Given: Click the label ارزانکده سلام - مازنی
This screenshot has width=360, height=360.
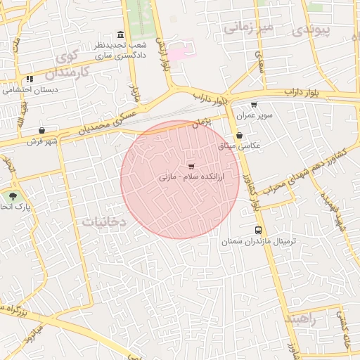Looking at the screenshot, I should click(x=192, y=179).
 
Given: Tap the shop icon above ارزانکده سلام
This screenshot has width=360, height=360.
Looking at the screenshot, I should click(x=192, y=166).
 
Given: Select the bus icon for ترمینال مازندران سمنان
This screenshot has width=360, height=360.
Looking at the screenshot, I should click(x=259, y=230).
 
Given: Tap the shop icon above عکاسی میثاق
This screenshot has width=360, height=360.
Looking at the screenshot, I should click(x=240, y=135).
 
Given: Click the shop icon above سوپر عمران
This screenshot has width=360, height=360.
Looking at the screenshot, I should click(x=254, y=105).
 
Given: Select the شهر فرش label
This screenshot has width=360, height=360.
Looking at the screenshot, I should click(x=41, y=141).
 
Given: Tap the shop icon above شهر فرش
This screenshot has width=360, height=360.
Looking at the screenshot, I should click(x=43, y=130).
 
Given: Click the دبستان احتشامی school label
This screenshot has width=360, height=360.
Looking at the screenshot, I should click(x=30, y=90).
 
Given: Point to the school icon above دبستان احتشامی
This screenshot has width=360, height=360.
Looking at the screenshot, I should click(x=30, y=79).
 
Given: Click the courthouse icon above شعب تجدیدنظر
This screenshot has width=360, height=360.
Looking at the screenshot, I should click(x=121, y=35).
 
